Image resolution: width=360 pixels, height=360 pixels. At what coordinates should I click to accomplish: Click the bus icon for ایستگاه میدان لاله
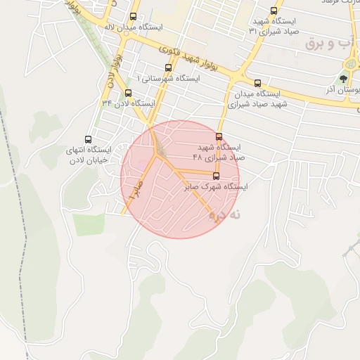pos(134,16)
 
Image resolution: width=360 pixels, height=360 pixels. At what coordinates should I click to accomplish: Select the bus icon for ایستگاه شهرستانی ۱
pos(167,67)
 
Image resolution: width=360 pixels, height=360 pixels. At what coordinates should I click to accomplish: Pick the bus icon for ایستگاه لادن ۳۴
pos(128,93)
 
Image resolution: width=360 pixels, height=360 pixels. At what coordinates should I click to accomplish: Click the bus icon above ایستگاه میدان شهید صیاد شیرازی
pos(257,83)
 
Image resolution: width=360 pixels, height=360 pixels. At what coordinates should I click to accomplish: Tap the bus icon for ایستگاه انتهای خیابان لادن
pos(88,139)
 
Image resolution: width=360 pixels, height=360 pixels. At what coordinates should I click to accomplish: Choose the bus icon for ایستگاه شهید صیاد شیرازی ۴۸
pos(219,137)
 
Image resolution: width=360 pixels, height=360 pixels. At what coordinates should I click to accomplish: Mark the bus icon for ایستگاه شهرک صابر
pos(215,176)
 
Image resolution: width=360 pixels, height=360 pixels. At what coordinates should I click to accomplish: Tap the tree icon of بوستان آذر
pos(343,79)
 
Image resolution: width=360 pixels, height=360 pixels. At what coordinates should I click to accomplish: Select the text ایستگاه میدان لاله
pos(134,27)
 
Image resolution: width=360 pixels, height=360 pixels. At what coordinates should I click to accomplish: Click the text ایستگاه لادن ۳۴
pos(128,103)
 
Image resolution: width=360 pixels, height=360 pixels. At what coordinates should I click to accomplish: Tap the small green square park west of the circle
pos(88,224)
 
